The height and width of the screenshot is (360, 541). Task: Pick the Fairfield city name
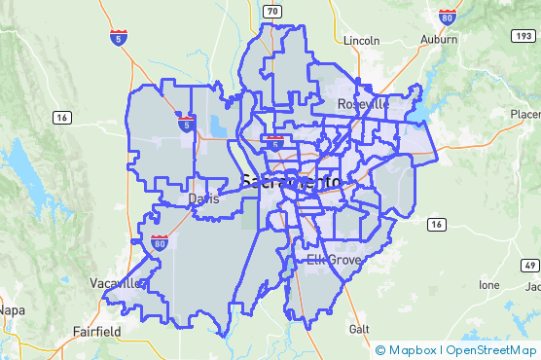[x=96, y=331]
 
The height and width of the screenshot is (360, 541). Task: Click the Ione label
[x=488, y=285]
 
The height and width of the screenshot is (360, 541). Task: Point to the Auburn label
[x=440, y=41]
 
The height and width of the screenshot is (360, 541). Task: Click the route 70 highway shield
[x=274, y=11]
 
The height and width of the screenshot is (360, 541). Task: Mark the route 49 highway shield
[x=529, y=265]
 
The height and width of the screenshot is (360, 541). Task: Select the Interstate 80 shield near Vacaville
[x=159, y=242]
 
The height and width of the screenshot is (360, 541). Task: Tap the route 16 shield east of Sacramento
[x=437, y=225]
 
